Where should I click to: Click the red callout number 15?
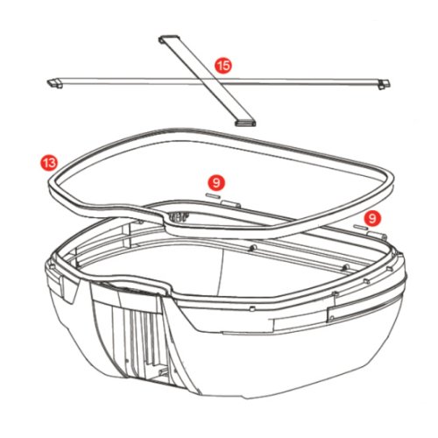click(223, 66)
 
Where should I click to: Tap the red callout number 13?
click(49, 162)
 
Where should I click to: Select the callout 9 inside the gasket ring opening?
click(216, 183)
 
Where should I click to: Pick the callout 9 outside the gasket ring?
click(372, 218)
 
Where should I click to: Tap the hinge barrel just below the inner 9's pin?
click(230, 204)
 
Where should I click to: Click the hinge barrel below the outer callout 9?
click(378, 236)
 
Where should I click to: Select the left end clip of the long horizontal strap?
click(55, 83)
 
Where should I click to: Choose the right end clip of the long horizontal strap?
click(384, 84)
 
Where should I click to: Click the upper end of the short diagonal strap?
click(169, 39)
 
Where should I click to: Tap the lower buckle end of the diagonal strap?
click(245, 123)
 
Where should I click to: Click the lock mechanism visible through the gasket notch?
click(178, 217)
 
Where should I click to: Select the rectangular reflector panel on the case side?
click(365, 311)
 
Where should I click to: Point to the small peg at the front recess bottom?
click(164, 371)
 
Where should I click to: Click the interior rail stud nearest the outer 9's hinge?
click(346, 266)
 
